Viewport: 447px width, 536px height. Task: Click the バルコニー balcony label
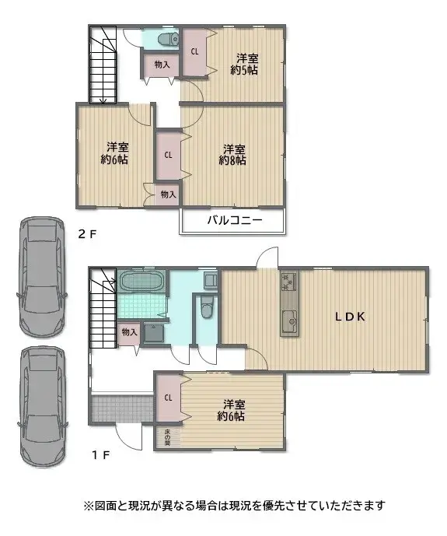click(x=233, y=221)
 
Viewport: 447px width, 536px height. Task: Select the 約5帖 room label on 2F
click(x=246, y=64)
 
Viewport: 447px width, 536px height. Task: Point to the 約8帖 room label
click(x=233, y=155)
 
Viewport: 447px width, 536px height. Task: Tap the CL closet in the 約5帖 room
click(x=194, y=52)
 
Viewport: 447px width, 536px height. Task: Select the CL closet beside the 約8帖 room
click(x=168, y=154)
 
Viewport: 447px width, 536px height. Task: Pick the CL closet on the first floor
click(x=167, y=398)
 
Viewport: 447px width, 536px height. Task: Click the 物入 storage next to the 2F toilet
click(x=160, y=66)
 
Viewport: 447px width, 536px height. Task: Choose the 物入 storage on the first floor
click(x=129, y=332)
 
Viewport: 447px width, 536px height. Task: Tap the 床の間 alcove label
click(x=167, y=438)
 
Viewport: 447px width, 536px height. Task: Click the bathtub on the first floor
click(x=141, y=281)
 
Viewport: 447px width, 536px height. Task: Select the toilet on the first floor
click(x=206, y=310)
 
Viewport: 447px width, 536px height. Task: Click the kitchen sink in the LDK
click(x=289, y=319)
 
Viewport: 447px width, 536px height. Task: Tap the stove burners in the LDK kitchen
click(x=288, y=282)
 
